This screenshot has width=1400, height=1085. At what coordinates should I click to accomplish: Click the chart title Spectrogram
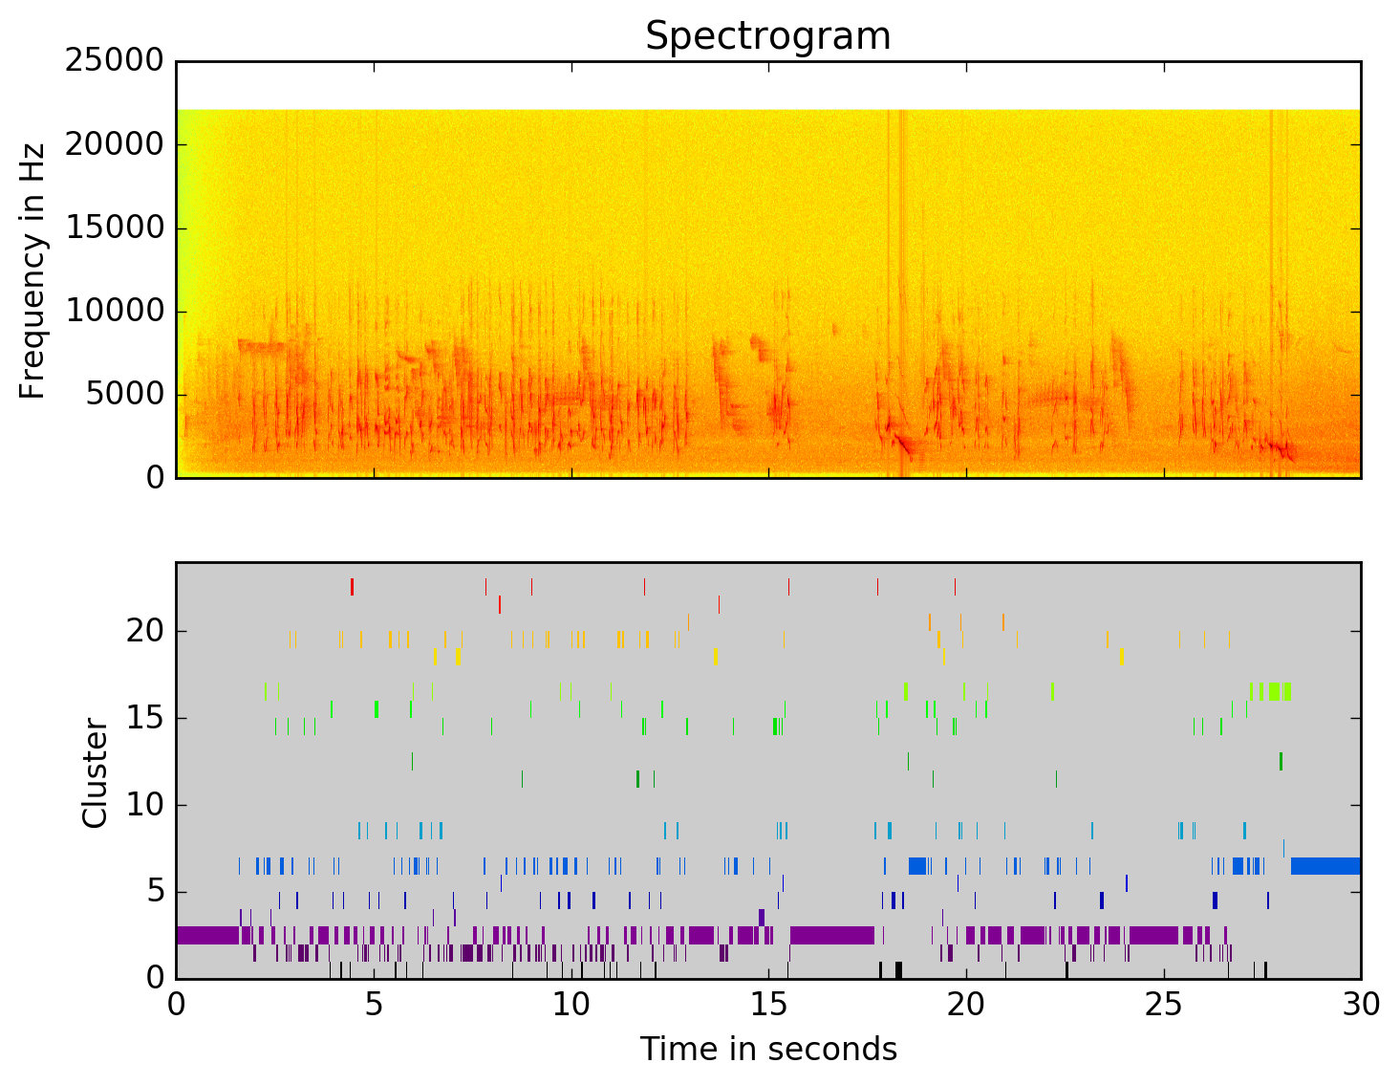767,36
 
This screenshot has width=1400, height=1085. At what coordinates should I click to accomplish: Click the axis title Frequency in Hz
32,271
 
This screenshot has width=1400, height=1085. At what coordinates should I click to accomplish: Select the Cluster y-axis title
95,772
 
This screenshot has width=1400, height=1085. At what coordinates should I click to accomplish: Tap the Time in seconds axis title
768,1049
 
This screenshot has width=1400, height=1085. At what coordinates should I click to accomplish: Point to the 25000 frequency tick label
114,61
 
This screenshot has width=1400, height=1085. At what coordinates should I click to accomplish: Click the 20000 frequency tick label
114,144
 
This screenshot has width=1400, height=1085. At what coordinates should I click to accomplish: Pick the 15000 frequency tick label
114,228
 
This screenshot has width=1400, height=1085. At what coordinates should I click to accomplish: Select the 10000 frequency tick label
114,311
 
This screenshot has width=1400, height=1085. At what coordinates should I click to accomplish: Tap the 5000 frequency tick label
124,394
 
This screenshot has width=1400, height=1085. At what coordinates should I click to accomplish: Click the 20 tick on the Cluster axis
144,631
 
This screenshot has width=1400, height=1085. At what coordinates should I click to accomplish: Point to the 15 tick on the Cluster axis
144,718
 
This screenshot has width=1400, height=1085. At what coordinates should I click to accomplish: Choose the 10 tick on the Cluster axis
144,805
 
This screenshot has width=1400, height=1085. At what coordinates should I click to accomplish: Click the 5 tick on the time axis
374,1005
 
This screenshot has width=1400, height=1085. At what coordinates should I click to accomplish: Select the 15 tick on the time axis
768,1005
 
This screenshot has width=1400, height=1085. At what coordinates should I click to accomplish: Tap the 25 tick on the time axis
1164,1005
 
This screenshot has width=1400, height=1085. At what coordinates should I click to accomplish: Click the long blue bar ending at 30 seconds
1325,866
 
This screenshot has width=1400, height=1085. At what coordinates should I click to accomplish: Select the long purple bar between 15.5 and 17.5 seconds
831,935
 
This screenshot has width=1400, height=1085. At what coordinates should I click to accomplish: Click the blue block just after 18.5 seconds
917,866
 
